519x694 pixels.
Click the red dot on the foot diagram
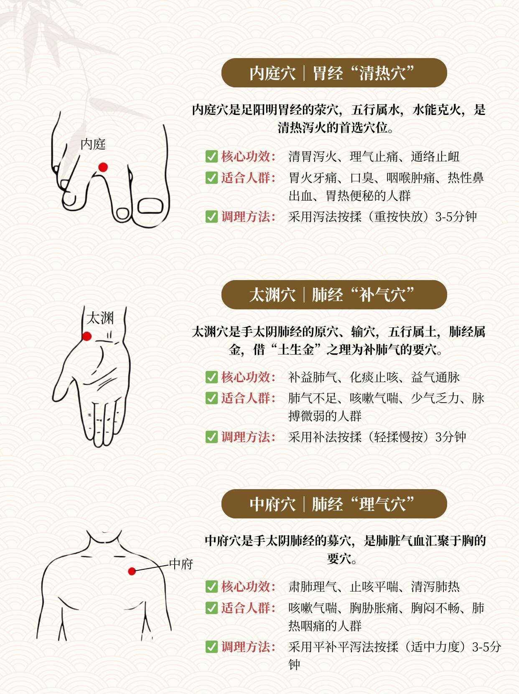pos(103,167)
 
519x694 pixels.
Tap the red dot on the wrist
pos(87,336)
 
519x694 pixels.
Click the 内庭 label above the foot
pos(93,144)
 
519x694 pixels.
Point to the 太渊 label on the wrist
pos(100,318)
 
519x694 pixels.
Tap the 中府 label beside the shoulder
pos(181,564)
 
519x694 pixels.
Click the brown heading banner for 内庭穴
pos(334,73)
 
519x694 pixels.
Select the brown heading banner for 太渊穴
pos(334,294)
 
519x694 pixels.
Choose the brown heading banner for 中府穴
pos(334,504)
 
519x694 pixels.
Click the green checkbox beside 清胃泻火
pos(211,156)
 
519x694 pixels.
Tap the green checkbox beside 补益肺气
pos(211,377)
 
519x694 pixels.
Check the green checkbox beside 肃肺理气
pos(211,587)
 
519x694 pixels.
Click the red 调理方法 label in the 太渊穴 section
pos(248,437)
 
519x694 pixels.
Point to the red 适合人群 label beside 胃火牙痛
pos(248,178)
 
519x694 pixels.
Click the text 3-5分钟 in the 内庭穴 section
pos(456,217)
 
